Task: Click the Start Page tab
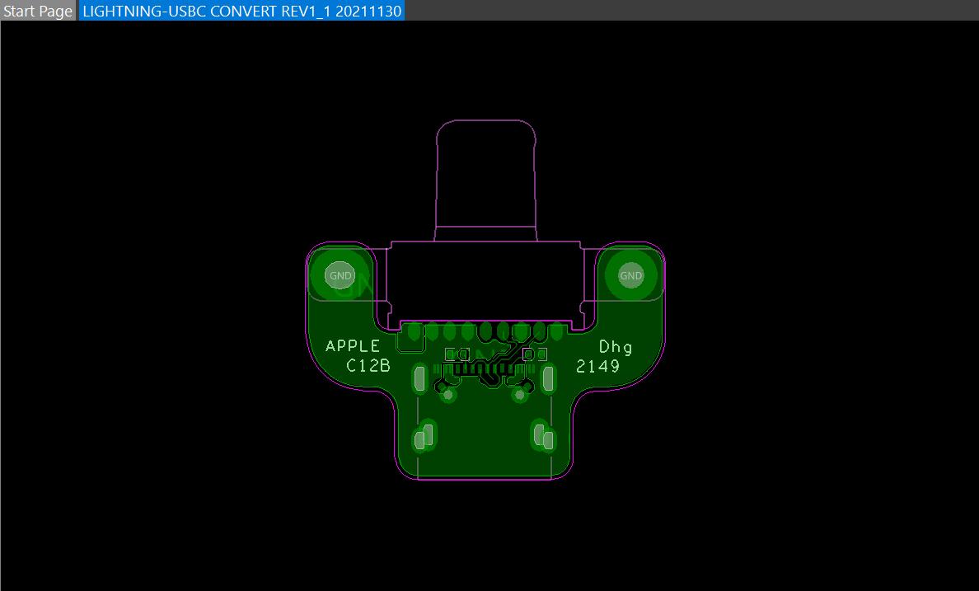tap(38, 11)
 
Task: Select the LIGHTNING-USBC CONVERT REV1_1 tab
tap(241, 11)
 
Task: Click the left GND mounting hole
tap(340, 275)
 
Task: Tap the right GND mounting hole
tap(630, 275)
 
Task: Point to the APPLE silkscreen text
tap(353, 346)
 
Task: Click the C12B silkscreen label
tap(368, 365)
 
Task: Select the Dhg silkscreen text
tap(616, 348)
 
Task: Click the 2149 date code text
tap(597, 366)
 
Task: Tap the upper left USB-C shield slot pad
tap(419, 378)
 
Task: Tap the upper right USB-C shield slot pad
tap(548, 378)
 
